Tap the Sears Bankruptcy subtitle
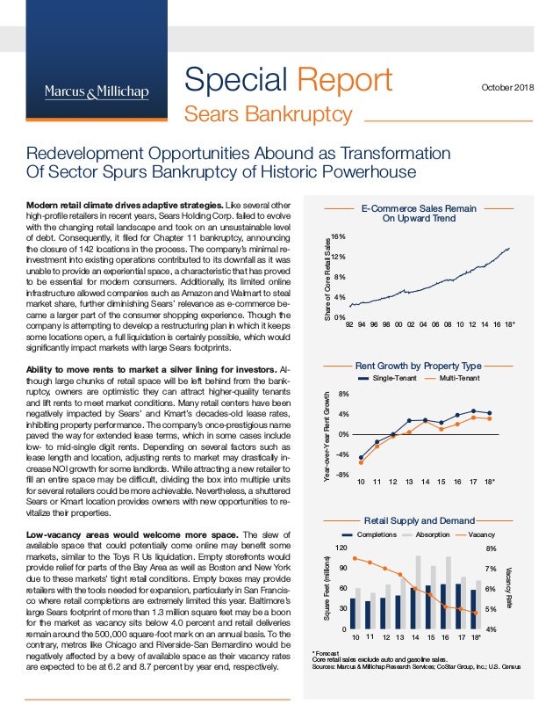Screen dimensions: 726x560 [267, 115]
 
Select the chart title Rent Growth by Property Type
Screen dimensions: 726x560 [418, 365]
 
